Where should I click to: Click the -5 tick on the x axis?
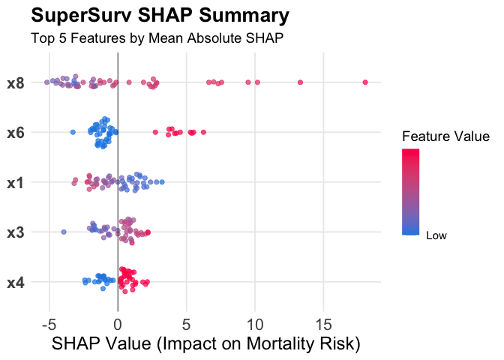(49, 324)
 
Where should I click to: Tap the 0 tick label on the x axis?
(118, 324)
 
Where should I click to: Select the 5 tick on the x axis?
(186, 324)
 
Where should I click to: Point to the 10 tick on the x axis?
(255, 324)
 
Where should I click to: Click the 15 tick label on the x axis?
(323, 324)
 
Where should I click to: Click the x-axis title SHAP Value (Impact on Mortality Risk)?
(206, 344)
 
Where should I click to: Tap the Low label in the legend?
(436, 235)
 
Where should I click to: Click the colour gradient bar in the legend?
(410, 192)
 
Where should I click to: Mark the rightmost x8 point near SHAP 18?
(365, 82)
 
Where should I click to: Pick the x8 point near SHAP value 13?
(300, 82)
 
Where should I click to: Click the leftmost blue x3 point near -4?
(64, 232)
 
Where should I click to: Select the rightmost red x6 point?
(203, 132)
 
